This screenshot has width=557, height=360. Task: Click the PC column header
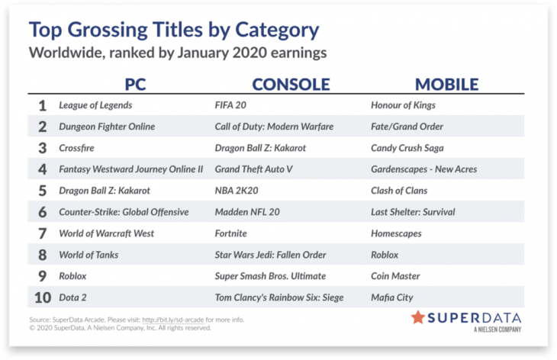135,85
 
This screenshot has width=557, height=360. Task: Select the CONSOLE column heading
291,85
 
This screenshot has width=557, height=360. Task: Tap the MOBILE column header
447,85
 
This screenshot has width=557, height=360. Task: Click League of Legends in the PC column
95,105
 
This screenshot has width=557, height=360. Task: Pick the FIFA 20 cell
230,105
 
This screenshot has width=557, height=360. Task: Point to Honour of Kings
403,105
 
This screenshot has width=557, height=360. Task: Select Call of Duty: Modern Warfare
274,127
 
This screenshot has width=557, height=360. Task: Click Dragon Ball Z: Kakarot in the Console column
260,148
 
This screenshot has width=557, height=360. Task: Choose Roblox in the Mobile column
385,255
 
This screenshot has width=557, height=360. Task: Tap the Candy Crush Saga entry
407,148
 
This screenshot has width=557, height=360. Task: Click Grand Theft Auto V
253,169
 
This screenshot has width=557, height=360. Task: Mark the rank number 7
42,233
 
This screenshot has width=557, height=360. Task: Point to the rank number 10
43,297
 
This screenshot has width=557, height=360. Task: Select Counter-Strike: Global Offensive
124,212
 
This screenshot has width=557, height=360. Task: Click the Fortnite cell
231,233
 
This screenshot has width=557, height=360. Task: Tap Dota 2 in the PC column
72,297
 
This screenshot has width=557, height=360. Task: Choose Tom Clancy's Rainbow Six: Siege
279,297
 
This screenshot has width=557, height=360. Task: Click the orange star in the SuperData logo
418,317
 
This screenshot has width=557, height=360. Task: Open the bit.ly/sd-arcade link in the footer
173,320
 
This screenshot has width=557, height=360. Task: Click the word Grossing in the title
108,31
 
